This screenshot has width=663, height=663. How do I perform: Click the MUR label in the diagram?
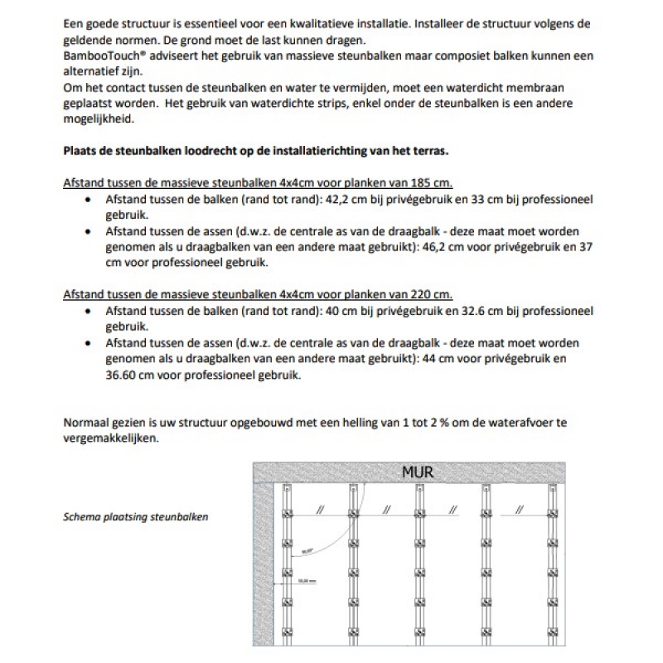point(418,472)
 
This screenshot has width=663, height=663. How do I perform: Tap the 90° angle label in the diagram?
point(307,549)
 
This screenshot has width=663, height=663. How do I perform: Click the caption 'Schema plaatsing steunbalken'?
point(136,516)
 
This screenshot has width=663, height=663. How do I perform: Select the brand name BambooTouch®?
point(103,56)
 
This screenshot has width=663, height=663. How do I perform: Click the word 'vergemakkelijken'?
point(110,438)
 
